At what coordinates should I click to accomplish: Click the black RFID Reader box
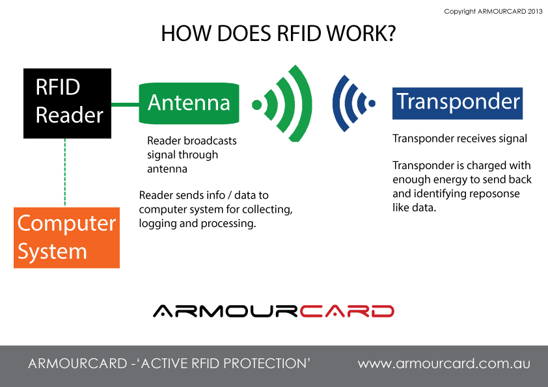(67, 103)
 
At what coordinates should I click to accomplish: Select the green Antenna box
(189, 103)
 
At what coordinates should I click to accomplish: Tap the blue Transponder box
(458, 103)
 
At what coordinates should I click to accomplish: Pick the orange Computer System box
(67, 238)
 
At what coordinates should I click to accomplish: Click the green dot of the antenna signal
(257, 105)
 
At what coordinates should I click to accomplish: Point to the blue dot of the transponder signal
(372, 103)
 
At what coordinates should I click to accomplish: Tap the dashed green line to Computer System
(65, 172)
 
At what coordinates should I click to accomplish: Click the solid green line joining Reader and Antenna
(125, 105)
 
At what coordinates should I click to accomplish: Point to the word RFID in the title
(299, 34)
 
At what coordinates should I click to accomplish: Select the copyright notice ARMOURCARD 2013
(493, 12)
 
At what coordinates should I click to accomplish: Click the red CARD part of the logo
(347, 311)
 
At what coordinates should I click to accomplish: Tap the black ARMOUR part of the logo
(225, 311)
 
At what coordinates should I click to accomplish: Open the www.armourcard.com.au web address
(444, 364)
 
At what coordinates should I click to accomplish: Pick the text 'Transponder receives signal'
(459, 139)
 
